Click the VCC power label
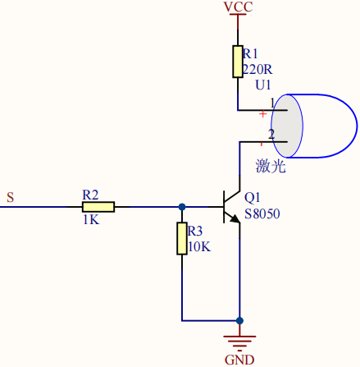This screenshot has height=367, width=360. pos(238,7)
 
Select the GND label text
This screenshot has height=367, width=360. pos(239,360)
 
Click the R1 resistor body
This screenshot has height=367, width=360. pos(238,62)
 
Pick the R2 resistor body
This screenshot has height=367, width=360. pos(98,207)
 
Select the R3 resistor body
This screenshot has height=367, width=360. pos(182,238)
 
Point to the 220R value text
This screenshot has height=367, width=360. pos(257,70)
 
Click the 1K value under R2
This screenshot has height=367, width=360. pos(91,219)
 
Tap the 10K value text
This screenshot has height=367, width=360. pos(199,247)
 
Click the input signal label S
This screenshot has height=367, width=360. pos(10,197)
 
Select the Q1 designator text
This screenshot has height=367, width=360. pos(252,198)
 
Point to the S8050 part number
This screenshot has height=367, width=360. pos(262,214)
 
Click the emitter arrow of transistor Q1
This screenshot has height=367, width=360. pos(235,218)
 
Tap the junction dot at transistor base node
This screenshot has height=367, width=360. pos(182,207)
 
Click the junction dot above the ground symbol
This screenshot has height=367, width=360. pos(239,320)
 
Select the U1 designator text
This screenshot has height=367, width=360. pos(263,85)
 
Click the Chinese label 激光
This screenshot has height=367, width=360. pos(271,166)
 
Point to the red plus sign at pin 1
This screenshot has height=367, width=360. pos(262,114)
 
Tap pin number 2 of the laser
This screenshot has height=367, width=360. pos(271,134)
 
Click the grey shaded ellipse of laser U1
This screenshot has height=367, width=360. pos(287,126)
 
